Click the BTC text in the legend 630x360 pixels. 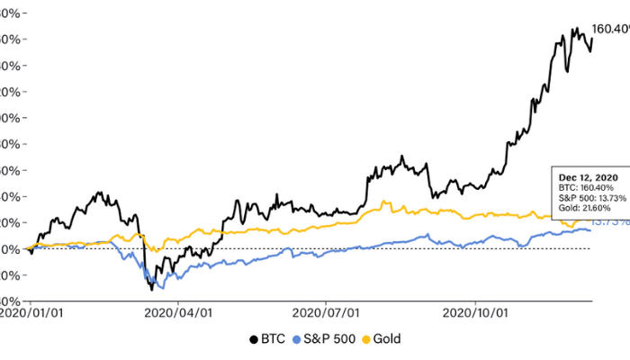(x=274, y=339)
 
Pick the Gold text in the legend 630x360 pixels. (x=387, y=339)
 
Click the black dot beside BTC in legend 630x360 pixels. (x=253, y=339)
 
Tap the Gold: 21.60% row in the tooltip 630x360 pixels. (x=584, y=207)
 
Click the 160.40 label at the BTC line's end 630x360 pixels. (x=609, y=30)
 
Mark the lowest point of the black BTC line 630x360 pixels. (x=152, y=289)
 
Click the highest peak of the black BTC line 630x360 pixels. (x=574, y=28)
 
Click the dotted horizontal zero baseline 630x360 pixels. (x=360, y=248)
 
